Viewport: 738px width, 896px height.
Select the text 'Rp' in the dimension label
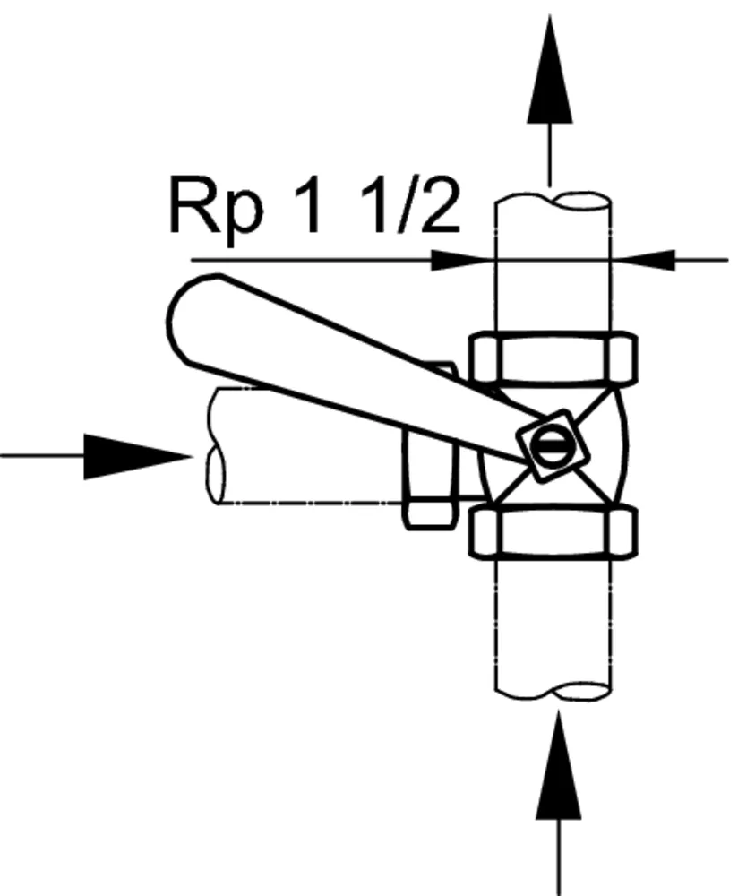[216, 208]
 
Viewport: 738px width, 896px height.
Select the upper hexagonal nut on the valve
[553, 358]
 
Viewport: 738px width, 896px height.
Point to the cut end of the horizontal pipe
[216, 448]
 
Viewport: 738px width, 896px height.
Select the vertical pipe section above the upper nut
[553, 296]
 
